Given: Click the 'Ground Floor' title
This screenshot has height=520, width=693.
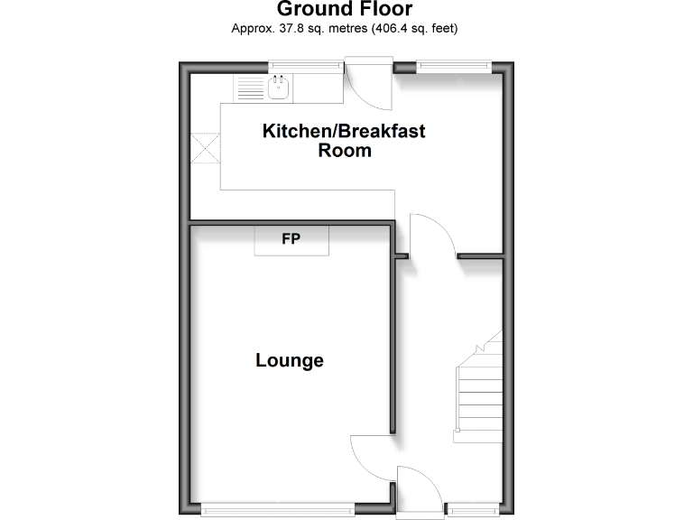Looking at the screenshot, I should pyautogui.click(x=344, y=10).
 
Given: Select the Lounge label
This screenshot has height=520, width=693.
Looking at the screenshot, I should pyautogui.click(x=290, y=361).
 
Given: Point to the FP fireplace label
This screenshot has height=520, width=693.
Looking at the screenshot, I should pyautogui.click(x=291, y=240).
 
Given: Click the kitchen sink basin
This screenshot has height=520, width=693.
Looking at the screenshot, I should pyautogui.click(x=278, y=88).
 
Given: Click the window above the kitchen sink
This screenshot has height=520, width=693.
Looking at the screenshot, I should pyautogui.click(x=305, y=64).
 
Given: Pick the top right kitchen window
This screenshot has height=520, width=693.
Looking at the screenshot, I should pyautogui.click(x=453, y=64).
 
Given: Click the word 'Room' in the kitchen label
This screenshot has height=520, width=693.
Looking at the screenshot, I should pyautogui.click(x=344, y=151).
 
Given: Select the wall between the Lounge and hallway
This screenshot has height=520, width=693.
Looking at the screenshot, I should pyautogui.click(x=393, y=343).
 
